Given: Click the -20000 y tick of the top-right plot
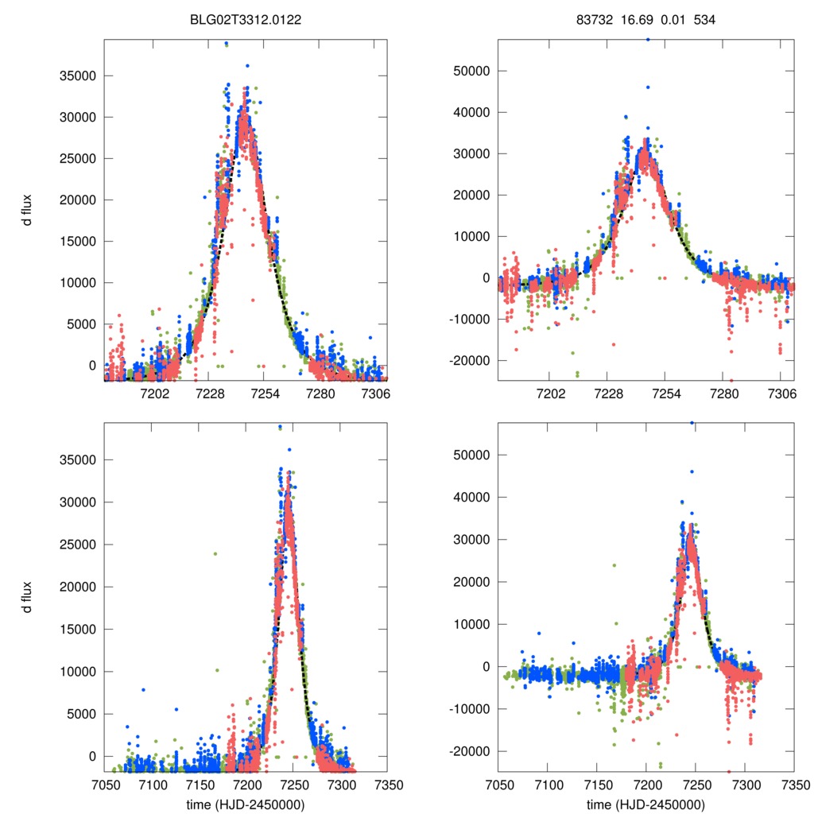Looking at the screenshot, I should coord(470,361).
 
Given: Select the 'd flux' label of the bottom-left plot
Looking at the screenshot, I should coord(28,597).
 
